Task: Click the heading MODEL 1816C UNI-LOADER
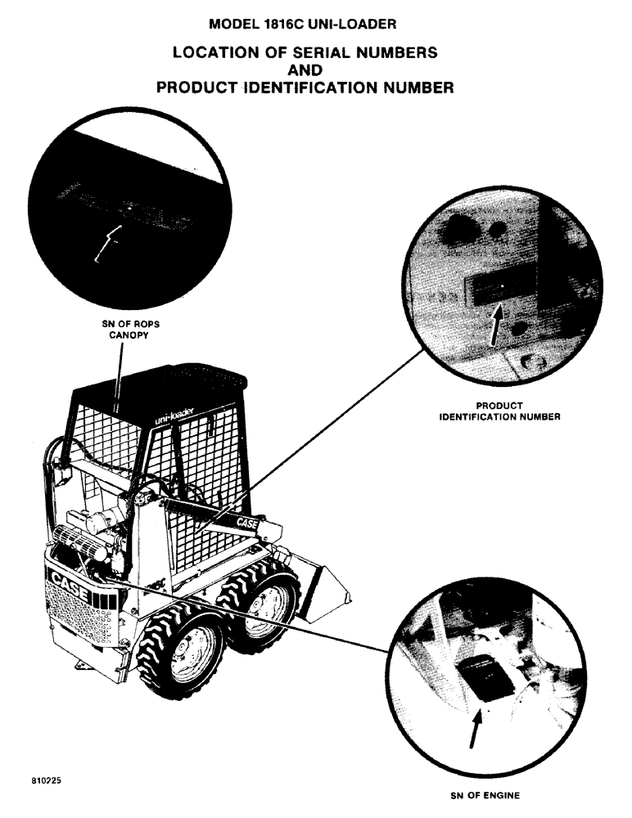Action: (315, 25)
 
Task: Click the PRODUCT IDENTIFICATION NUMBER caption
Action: (499, 411)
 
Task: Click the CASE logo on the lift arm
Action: (247, 521)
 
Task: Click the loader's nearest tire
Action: (182, 654)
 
